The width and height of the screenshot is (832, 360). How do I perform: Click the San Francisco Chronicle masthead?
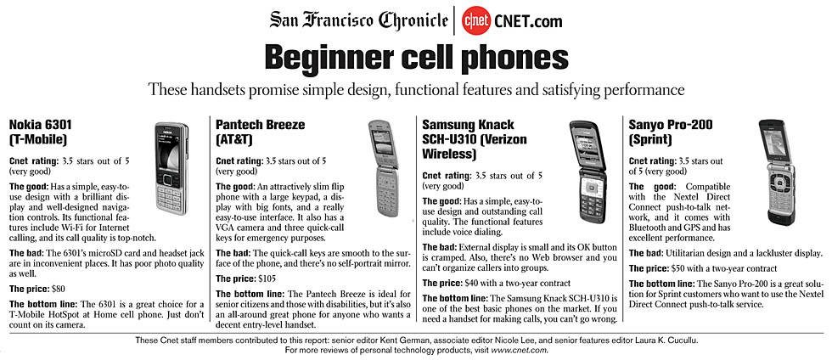coord(358,20)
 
